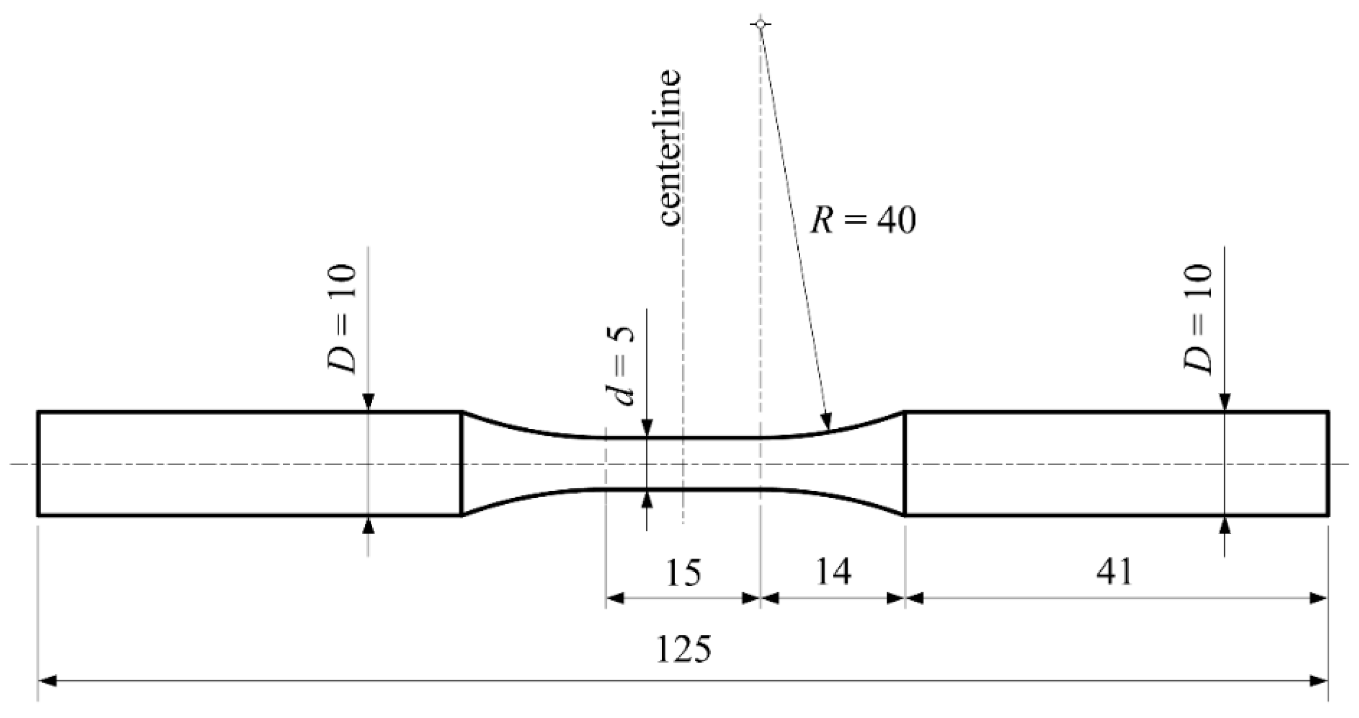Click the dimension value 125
tap(683, 649)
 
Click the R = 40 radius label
tap(863, 221)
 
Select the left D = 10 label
tap(343, 319)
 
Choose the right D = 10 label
tap(1198, 319)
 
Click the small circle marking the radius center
tap(760, 24)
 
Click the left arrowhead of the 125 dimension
tap(48, 681)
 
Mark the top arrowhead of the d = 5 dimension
tap(647, 428)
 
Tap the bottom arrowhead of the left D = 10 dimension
tap(368, 525)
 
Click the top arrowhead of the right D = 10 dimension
tap(1225, 402)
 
